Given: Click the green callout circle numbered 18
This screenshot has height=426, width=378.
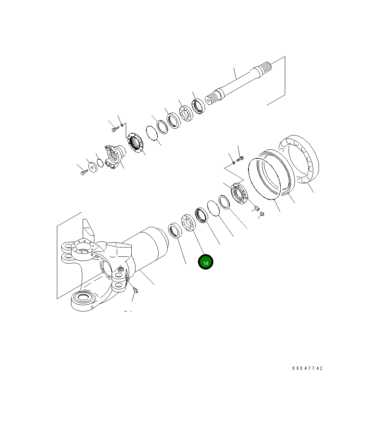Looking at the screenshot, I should (205, 263).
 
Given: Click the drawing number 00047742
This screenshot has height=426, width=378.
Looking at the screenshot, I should (307, 368).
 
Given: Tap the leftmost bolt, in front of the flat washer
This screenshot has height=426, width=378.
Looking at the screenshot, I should (84, 172).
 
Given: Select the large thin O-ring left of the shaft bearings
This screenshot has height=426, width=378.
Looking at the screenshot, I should (152, 133).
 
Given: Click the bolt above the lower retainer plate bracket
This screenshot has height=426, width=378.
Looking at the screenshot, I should (240, 160).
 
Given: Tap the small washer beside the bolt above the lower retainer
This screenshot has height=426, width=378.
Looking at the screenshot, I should (234, 162).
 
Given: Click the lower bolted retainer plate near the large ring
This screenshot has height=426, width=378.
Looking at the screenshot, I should (238, 193).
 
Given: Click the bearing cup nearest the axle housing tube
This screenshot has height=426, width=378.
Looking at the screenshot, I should (174, 230).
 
